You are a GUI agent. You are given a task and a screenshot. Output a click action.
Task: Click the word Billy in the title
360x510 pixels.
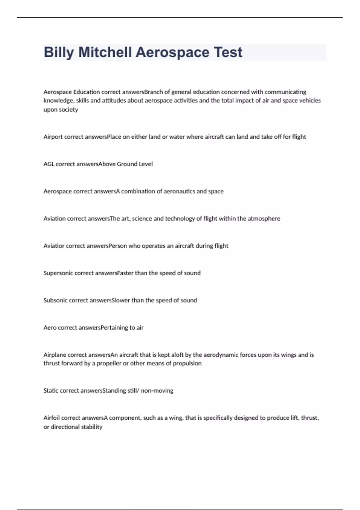tap(59, 52)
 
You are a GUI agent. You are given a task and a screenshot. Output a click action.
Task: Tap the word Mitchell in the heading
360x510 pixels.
tap(105, 52)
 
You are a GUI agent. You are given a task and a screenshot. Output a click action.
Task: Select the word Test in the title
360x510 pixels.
tap(228, 52)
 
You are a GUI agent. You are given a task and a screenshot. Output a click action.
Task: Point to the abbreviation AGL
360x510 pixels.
tap(49, 164)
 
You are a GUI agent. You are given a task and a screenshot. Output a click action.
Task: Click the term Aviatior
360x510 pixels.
tap(54, 246)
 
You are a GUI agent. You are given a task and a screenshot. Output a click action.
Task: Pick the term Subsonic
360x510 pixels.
tap(55, 301)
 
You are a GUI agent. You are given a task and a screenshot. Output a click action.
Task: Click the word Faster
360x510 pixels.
tap(125, 273)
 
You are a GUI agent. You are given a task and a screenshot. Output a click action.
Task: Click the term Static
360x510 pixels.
tap(51, 391)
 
